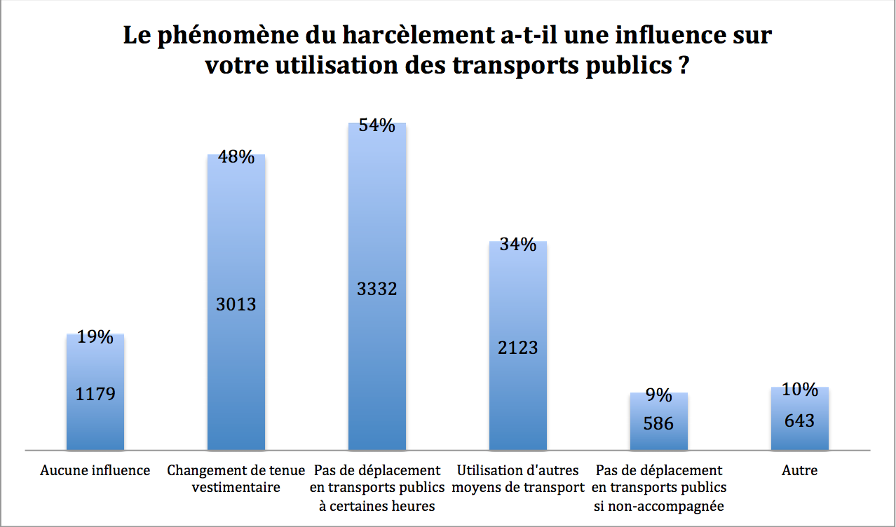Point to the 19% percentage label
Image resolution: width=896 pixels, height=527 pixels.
[x=95, y=337]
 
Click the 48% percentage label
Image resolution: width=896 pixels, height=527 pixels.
[x=236, y=157]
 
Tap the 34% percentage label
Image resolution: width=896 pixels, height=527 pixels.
[x=518, y=245]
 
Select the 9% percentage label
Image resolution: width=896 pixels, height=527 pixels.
[x=659, y=396]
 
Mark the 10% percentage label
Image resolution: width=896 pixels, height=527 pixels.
[x=800, y=390]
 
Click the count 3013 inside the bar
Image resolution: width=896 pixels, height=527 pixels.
[x=236, y=304]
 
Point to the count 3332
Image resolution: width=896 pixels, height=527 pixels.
[x=377, y=288]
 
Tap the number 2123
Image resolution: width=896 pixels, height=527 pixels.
[x=518, y=348]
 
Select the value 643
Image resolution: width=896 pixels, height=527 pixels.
[x=800, y=420]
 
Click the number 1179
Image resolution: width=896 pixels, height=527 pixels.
[x=95, y=394]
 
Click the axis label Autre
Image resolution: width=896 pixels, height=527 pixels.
[x=800, y=471]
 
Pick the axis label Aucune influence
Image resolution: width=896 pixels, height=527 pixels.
[x=95, y=471]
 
